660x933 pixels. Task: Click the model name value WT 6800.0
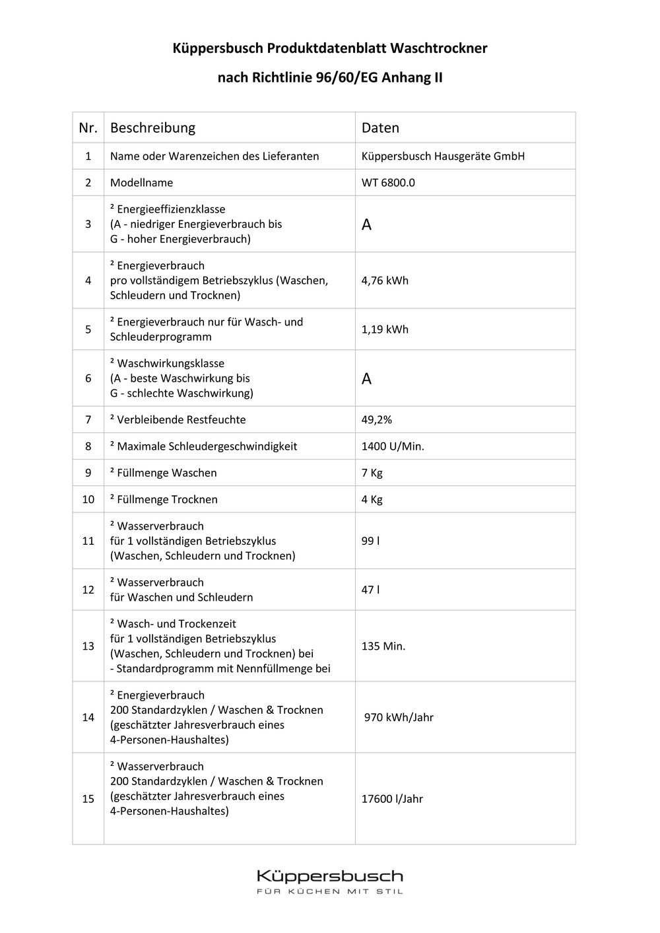pyautogui.click(x=388, y=183)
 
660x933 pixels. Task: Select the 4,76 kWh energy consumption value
pyautogui.click(x=385, y=281)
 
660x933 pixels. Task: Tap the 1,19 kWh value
pyautogui.click(x=385, y=329)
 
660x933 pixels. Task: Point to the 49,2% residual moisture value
pyautogui.click(x=377, y=420)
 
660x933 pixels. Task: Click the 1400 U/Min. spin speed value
pyautogui.click(x=393, y=446)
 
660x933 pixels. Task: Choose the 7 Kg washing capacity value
pyautogui.click(x=372, y=473)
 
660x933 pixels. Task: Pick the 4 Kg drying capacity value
pyautogui.click(x=372, y=499)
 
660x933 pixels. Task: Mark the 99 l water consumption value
pyautogui.click(x=370, y=541)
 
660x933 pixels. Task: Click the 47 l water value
pyautogui.click(x=370, y=590)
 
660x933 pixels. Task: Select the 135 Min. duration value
pyautogui.click(x=383, y=646)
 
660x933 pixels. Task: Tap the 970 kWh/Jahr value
pyautogui.click(x=399, y=718)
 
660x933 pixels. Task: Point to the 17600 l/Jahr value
pyautogui.click(x=392, y=799)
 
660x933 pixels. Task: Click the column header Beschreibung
pyautogui.click(x=152, y=128)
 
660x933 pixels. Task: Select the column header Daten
pyautogui.click(x=380, y=128)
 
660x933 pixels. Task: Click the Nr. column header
pyautogui.click(x=88, y=128)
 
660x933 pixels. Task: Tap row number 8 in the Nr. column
pyautogui.click(x=88, y=446)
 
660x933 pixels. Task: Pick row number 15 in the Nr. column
pyautogui.click(x=88, y=799)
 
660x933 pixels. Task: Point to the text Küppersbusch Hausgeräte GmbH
pyautogui.click(x=443, y=156)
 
